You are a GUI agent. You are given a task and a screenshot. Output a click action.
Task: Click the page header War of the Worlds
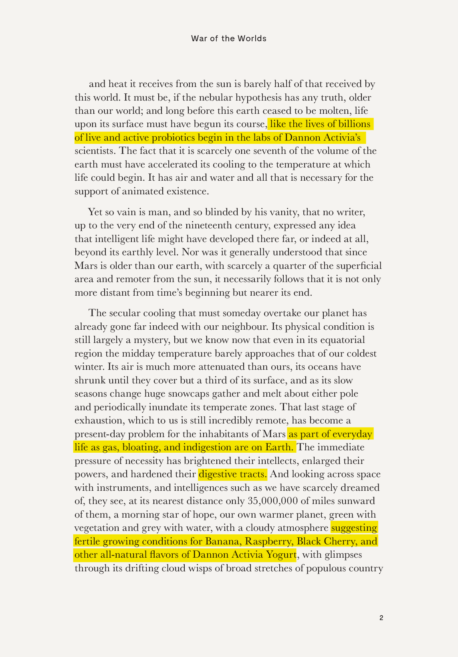[x=228, y=38]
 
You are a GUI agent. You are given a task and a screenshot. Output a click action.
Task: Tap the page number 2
[x=381, y=618]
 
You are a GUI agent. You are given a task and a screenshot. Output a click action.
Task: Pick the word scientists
[x=95, y=151]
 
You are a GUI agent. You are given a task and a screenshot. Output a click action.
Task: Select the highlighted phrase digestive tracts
[x=233, y=474]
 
